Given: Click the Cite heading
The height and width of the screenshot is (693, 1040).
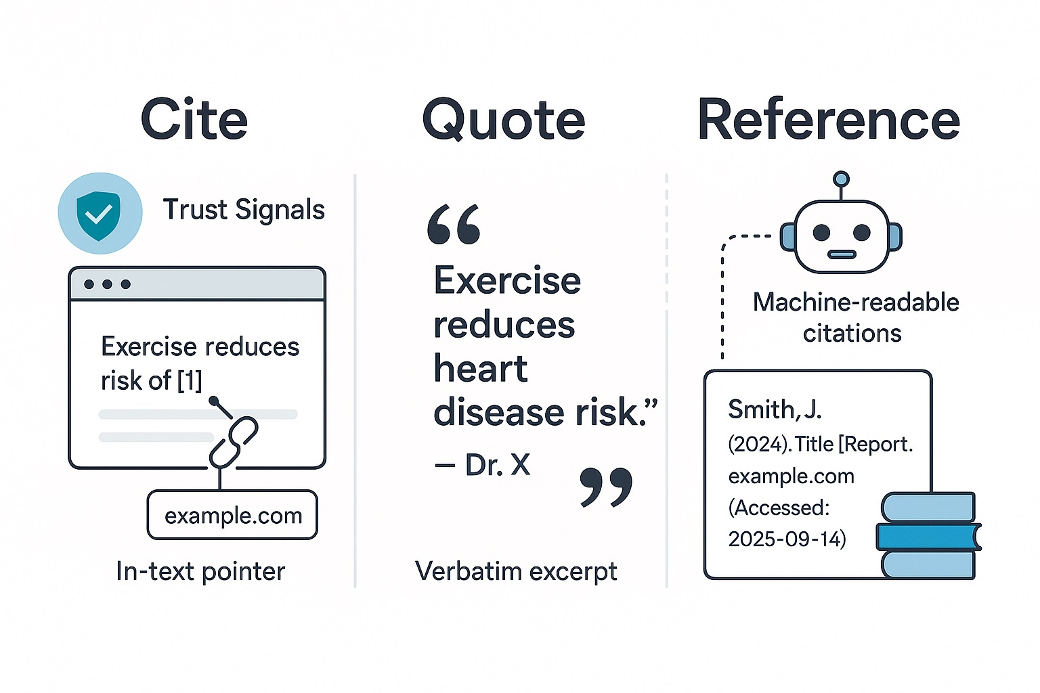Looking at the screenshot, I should click(194, 120).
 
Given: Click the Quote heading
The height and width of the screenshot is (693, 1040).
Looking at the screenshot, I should click(504, 120).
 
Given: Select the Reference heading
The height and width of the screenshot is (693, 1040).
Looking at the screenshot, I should click(829, 120).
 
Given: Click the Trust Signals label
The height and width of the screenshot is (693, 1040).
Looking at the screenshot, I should click(244, 210).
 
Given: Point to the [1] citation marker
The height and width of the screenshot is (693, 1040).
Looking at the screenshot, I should click(189, 380).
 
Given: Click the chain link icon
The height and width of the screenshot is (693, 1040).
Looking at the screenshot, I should click(234, 441).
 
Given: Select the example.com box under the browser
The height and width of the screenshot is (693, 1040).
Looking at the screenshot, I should click(232, 516).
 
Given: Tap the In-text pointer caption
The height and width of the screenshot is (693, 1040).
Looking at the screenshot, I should click(200, 572).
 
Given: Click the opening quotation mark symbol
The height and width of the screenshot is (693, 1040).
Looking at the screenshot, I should click(454, 225).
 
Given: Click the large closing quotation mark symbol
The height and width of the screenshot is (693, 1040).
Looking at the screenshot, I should click(606, 487).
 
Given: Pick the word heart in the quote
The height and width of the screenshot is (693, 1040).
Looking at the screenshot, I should click(480, 370).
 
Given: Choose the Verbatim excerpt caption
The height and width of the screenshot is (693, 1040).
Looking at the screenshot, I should click(516, 572).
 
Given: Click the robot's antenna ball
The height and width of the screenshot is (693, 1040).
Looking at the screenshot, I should click(841, 179).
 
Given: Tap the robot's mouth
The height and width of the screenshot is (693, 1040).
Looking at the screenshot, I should click(842, 255).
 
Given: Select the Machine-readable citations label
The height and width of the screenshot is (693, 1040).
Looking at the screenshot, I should click(855, 317).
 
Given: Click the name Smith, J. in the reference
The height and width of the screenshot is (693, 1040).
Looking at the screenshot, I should click(775, 409).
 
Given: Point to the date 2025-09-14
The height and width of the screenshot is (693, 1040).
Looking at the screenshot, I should click(787, 539).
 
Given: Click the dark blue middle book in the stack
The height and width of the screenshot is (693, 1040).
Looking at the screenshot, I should click(928, 537).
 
